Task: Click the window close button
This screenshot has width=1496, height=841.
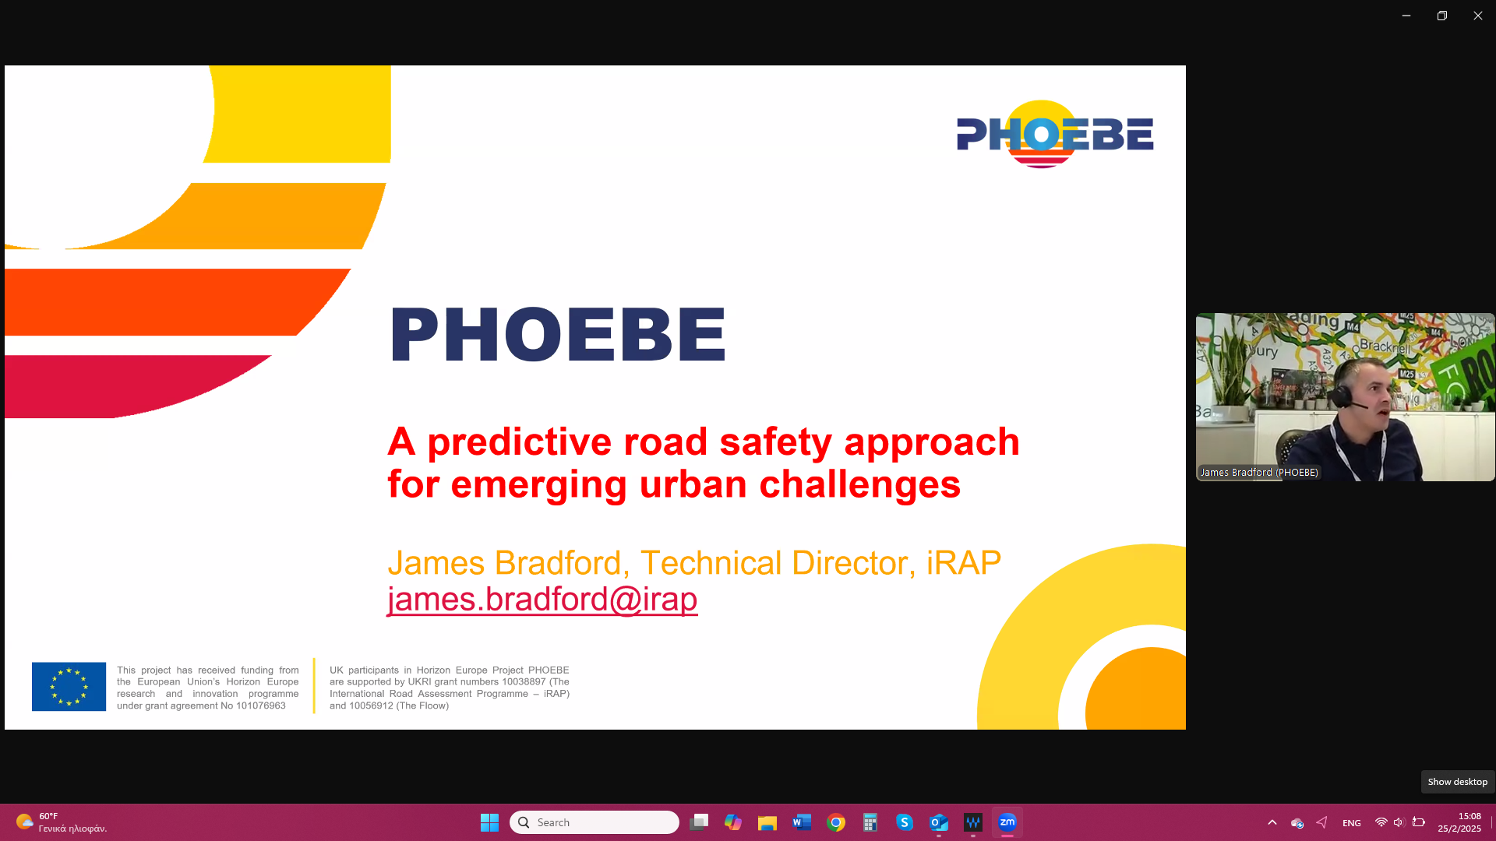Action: tap(1478, 16)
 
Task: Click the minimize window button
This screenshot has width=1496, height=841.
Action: tap(1406, 16)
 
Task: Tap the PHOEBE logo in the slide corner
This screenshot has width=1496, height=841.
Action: tap(1055, 134)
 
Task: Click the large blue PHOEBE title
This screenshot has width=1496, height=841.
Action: tap(558, 335)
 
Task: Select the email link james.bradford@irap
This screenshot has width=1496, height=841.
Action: tap(542, 599)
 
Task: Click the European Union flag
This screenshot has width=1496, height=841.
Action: tap(69, 686)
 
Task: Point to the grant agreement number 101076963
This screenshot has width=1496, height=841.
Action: tap(261, 706)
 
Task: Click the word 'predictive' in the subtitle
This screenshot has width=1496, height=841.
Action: tap(520, 442)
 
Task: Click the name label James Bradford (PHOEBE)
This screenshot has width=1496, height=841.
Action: tap(1259, 472)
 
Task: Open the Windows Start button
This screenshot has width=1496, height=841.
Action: tap(489, 822)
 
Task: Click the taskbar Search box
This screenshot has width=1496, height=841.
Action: tap(595, 822)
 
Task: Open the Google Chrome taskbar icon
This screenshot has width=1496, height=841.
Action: tap(836, 822)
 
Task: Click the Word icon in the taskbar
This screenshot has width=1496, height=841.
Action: tap(802, 822)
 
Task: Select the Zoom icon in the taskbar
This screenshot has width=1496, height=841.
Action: tap(1007, 822)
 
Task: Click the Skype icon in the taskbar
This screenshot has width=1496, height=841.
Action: tap(905, 822)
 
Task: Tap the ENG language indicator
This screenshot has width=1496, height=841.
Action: tap(1352, 823)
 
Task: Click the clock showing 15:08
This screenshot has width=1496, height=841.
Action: tap(1470, 816)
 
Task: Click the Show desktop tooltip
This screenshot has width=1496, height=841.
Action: tap(1458, 782)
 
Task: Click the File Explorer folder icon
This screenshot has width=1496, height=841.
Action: tap(767, 822)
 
